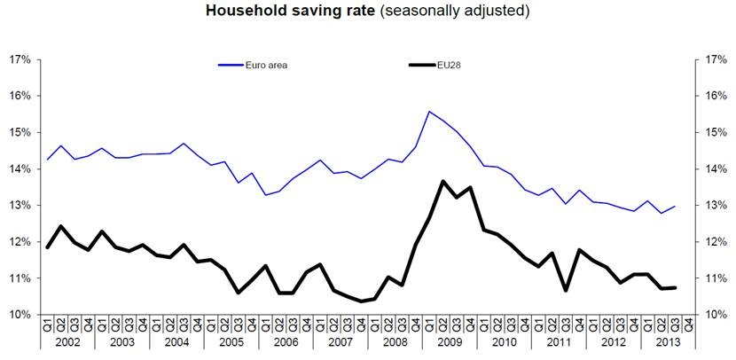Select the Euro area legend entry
(x=266, y=65)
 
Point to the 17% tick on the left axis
(x=20, y=59)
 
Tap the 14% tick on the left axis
(x=20, y=169)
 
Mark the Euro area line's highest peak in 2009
(x=429, y=112)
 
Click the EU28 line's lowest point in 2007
(x=361, y=301)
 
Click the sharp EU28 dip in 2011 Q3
(x=566, y=290)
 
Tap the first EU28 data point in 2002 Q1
(x=47, y=247)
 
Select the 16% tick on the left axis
(x=20, y=96)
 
